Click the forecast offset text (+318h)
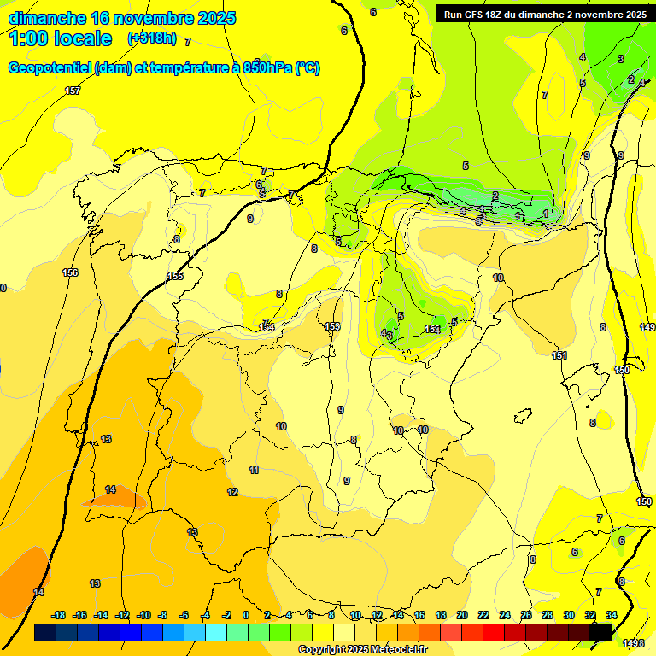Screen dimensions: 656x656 coord(154,38)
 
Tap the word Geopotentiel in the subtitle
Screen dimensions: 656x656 coord(49,68)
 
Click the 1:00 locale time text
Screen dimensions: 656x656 coord(61,38)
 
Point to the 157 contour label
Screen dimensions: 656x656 coord(73,91)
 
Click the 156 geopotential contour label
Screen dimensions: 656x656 coord(70,272)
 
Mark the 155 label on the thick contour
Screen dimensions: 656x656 coord(175,276)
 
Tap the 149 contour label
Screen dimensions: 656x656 coord(647,327)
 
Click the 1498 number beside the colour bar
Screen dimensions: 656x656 coord(633,643)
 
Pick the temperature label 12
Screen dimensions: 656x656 coord(232,492)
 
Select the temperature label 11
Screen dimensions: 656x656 coord(254,470)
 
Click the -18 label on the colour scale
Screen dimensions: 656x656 coord(58,615)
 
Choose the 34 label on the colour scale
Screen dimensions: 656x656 coord(611,615)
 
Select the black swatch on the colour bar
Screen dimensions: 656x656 coord(600,632)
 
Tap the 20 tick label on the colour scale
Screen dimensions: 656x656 coord(461,615)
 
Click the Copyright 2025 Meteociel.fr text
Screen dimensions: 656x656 coord(362,649)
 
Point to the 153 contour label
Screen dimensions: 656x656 coord(332,326)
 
